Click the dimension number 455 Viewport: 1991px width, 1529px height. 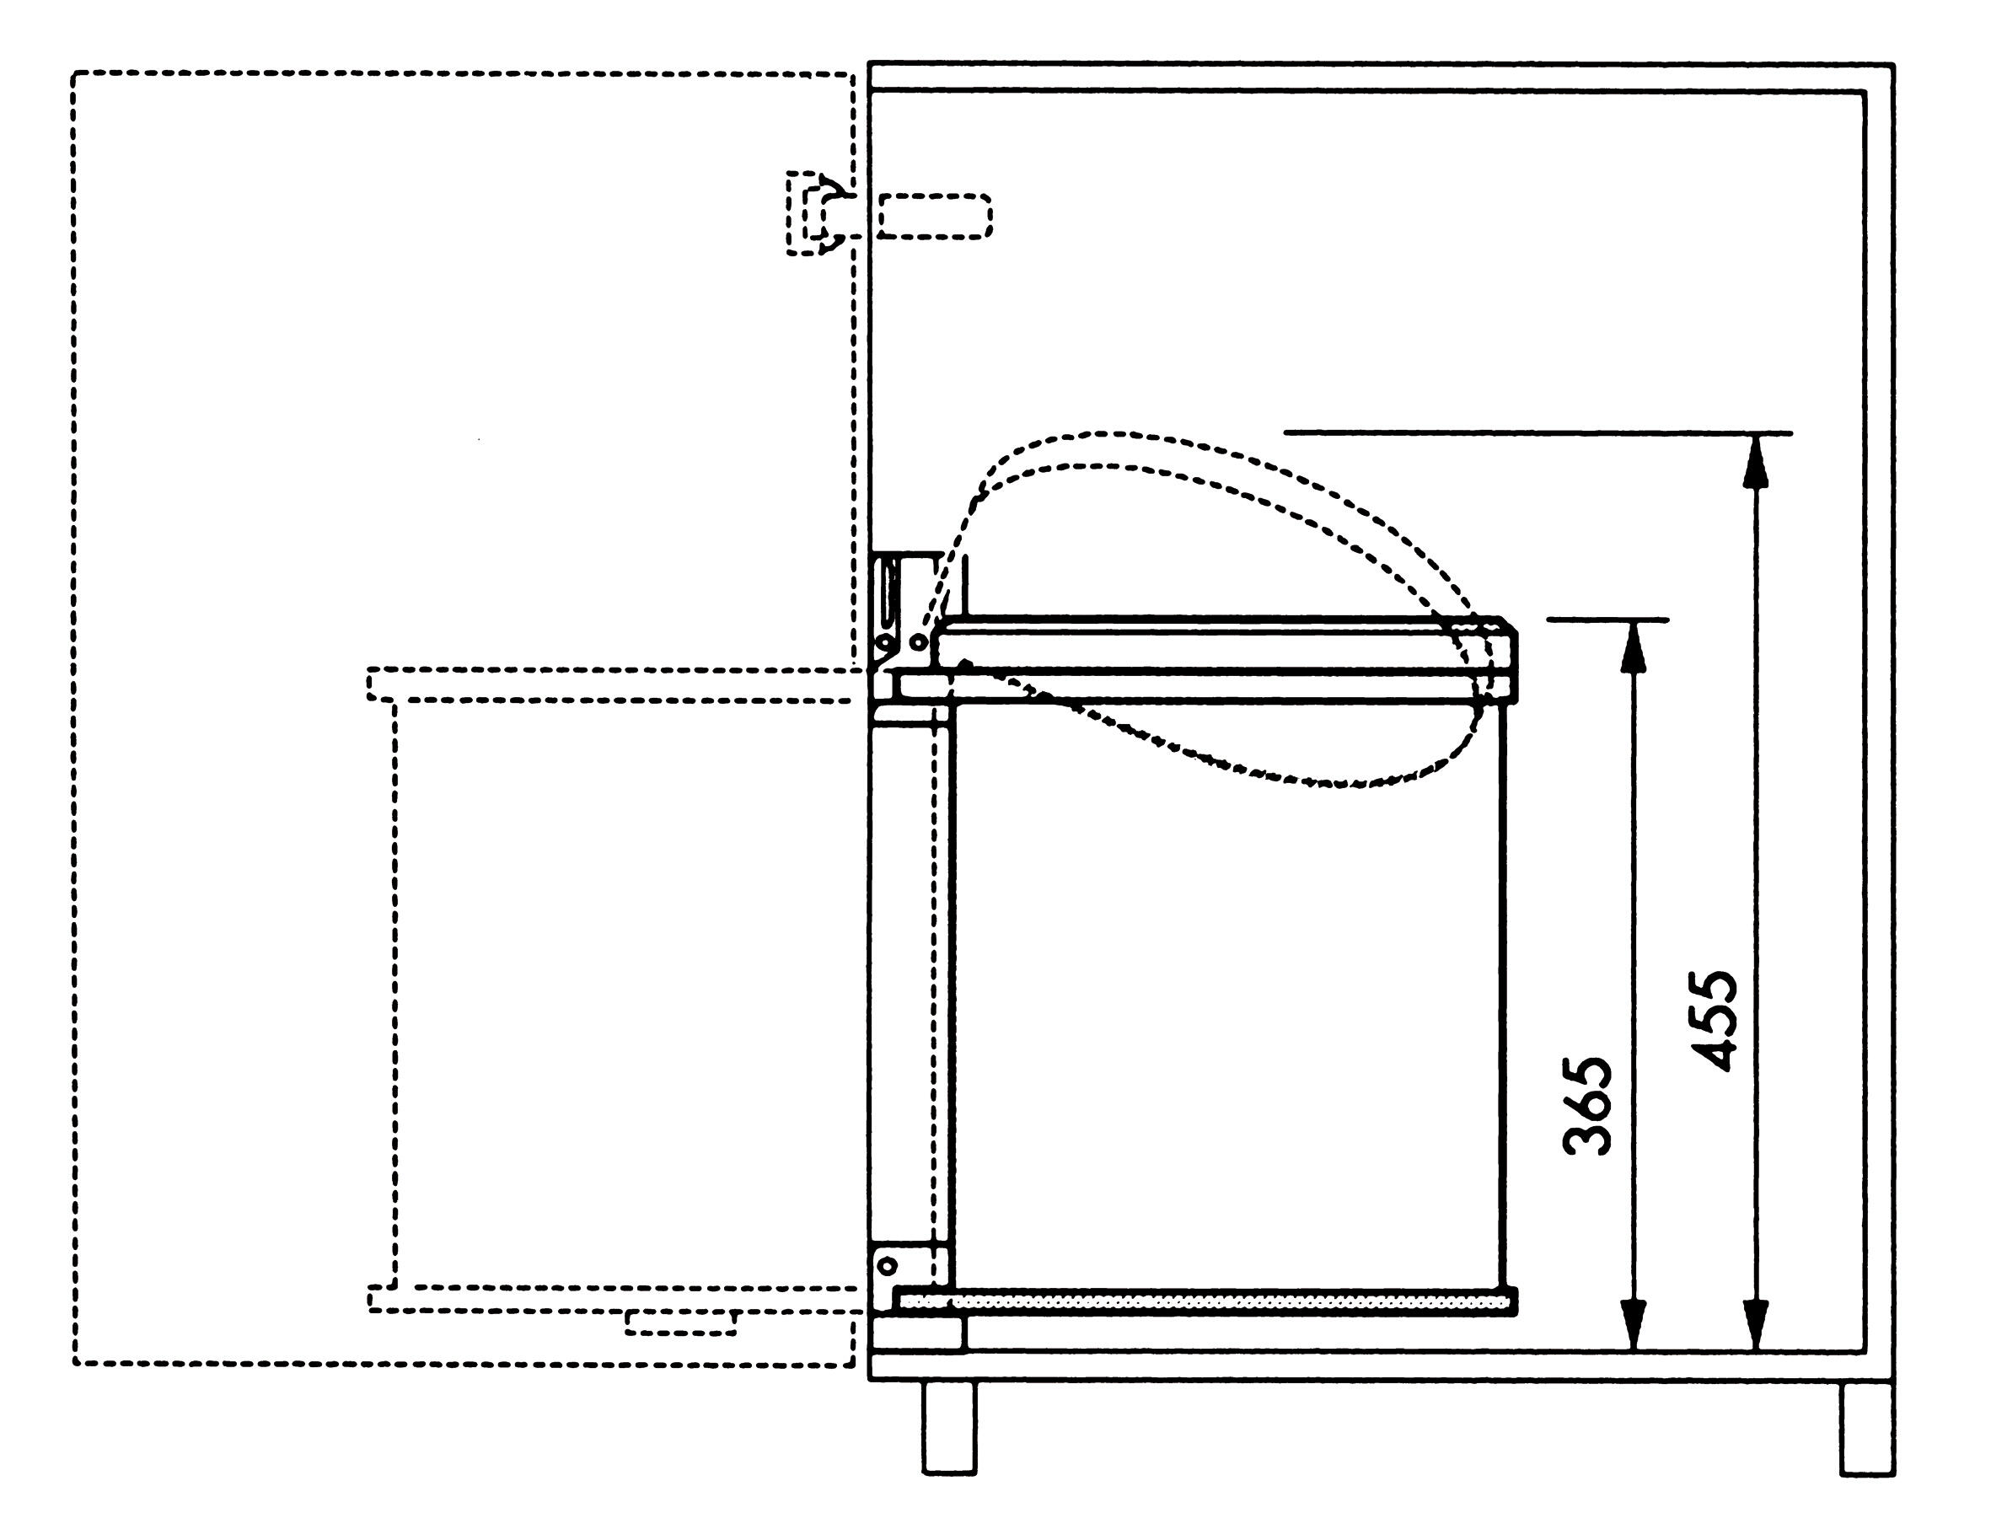pyautogui.click(x=1714, y=1020)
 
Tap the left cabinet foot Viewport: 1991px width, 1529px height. pyautogui.click(x=948, y=1426)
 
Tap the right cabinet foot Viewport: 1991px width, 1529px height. pyautogui.click(x=1866, y=1426)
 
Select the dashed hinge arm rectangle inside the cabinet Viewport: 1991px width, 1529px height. pyautogui.click(x=935, y=216)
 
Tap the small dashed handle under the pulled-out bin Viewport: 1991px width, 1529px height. pyautogui.click(x=680, y=1322)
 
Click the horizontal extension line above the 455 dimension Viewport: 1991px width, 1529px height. pyautogui.click(x=1538, y=433)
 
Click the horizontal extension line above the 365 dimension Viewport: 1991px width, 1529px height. pyautogui.click(x=1607, y=620)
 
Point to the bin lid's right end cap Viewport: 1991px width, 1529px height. pyautogui.click(x=1495, y=660)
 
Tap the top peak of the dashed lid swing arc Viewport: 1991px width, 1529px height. pyautogui.click(x=1106, y=434)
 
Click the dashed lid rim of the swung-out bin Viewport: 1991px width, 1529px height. pyautogui.click(x=609, y=684)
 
